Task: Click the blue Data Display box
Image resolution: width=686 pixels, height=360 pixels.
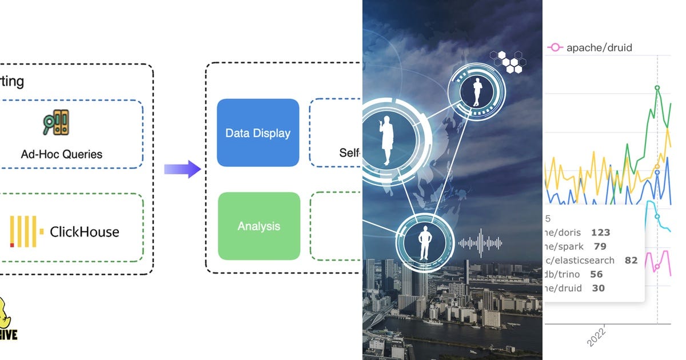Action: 258,133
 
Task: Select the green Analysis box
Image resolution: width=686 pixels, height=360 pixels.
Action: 259,226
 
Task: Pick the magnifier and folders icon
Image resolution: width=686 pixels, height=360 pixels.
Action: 57,122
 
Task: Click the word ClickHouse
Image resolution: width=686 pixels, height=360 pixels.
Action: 85,231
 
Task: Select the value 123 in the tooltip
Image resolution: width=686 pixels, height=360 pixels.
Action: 601,233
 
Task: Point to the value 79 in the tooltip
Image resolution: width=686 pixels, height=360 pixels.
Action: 600,246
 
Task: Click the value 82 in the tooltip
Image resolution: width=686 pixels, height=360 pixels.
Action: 631,260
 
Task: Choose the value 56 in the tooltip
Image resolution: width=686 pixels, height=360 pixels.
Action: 596,274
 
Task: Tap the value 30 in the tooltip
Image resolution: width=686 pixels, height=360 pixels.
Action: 598,288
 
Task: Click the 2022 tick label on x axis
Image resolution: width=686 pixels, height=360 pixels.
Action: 597,337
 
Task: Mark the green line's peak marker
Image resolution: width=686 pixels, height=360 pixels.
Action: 657,88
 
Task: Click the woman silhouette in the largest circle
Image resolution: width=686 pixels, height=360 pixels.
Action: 387,140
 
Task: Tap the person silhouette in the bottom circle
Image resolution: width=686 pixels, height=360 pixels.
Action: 424,243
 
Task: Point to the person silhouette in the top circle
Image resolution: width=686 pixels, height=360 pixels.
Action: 477,92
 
